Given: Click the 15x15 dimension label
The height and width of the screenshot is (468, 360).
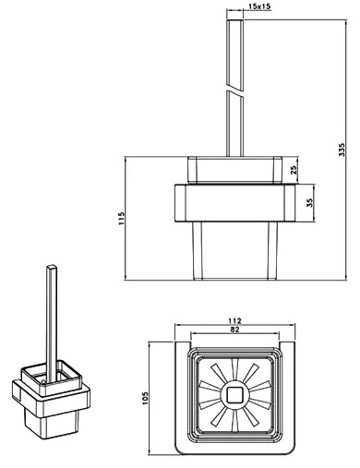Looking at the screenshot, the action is tap(259, 6).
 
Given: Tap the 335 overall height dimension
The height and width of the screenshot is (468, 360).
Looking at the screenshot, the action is tap(342, 150).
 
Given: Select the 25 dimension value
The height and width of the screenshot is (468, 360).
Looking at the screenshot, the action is tap(294, 170).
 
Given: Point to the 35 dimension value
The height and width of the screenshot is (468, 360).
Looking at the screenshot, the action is tap(310, 202).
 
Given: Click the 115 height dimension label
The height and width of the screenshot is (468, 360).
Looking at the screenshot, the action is tap(122, 218).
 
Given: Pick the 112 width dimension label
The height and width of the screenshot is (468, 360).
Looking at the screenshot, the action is tap(234, 321).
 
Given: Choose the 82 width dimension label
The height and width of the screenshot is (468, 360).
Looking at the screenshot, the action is tap(234, 330).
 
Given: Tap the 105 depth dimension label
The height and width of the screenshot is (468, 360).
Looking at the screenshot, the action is tap(145, 398).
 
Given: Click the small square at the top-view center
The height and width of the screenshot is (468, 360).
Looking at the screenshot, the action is tap(234, 395).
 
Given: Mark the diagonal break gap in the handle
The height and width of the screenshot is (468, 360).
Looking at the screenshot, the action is tap(234, 91).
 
